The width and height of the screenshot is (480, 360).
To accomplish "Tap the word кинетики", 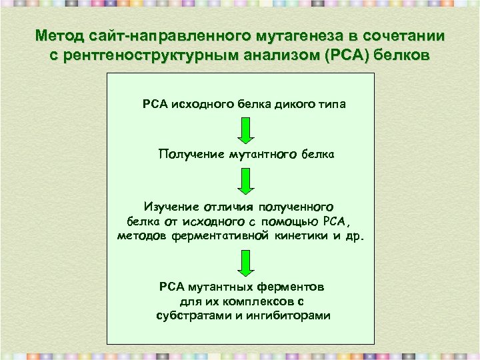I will tap(299, 236).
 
